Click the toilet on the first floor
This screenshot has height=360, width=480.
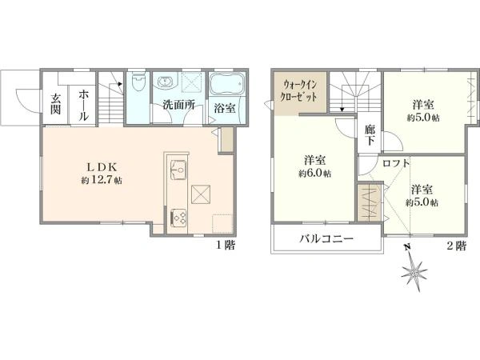pos(138,82)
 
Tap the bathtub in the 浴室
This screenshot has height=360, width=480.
pos(227,83)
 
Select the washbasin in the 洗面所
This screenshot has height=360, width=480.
pos(166,82)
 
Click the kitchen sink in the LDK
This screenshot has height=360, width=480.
pos(178,170)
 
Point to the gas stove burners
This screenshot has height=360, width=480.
pos(178,218)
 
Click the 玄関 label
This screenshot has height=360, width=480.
pos(55,104)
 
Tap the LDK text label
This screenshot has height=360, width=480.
pos(102,167)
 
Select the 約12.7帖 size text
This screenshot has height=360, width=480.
pos(102,180)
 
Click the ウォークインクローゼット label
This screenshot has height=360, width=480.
pos(300,91)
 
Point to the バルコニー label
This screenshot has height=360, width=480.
pos(326,238)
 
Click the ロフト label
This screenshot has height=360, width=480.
pos(396,163)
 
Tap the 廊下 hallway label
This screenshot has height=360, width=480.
pos(370,135)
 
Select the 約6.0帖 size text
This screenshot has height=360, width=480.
pos(314,174)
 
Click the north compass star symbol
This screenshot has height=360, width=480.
pos(414,272)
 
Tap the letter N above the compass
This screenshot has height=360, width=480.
pos(407,246)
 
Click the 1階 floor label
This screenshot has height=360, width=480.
pos(226,246)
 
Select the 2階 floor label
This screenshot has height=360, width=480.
pos(456,246)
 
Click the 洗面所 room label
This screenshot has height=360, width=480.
pos(178,105)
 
